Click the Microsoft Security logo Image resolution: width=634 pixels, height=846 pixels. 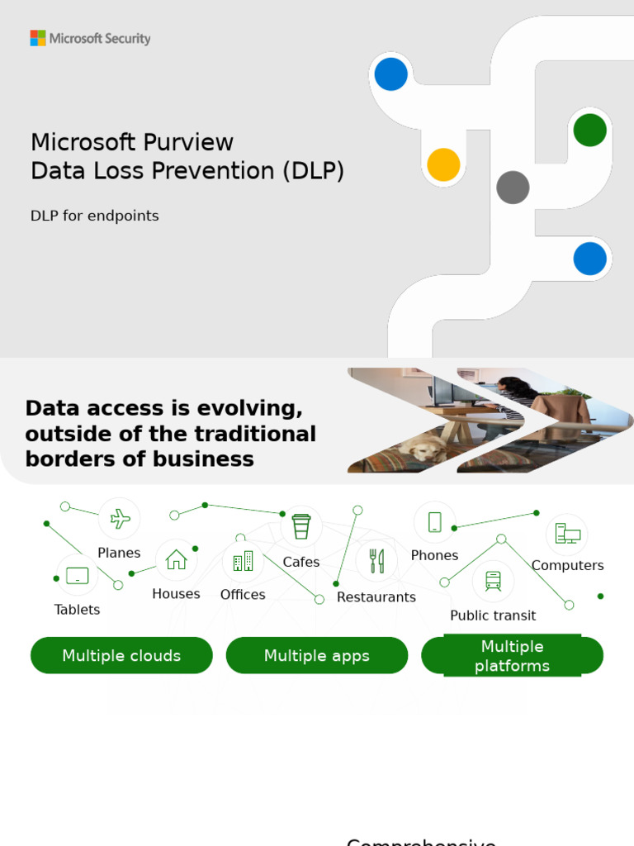[90, 38]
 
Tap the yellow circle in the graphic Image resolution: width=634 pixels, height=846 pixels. [443, 164]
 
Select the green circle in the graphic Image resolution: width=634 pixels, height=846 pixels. [589, 130]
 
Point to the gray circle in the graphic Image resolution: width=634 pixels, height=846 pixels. [513, 188]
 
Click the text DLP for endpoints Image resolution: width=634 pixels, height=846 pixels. [94, 216]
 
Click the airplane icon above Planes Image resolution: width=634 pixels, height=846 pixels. [120, 519]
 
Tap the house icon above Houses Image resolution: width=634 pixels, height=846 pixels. [176, 560]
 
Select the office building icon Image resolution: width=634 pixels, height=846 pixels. [243, 562]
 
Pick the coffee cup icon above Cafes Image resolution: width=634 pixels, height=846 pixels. [301, 526]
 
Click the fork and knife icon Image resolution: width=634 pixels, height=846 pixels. [376, 561]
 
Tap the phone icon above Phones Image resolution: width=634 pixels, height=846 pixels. [434, 522]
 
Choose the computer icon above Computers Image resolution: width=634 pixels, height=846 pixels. [567, 534]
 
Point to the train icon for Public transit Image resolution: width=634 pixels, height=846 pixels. [493, 581]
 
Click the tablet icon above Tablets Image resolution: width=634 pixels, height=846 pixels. [77, 575]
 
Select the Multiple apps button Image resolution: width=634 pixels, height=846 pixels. [317, 656]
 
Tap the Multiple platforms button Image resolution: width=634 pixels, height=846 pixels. [512, 656]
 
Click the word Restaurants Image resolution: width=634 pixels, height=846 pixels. [376, 597]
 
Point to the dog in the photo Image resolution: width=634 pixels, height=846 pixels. [422, 449]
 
